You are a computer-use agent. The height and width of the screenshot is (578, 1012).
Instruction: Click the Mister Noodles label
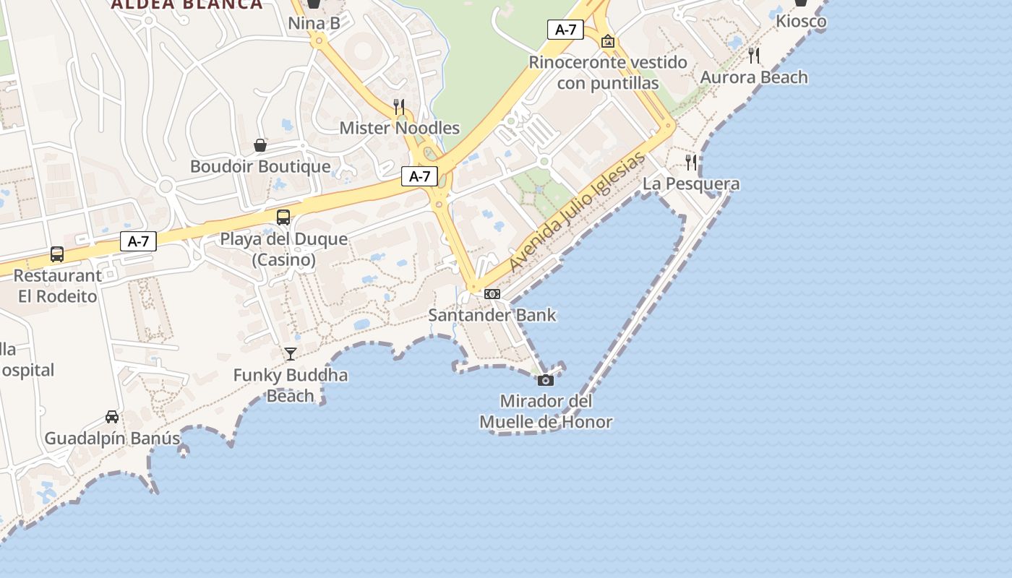point(400,128)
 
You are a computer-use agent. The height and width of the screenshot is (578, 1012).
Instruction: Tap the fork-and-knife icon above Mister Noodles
point(399,107)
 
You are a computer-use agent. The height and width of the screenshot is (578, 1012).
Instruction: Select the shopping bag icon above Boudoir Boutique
point(260,145)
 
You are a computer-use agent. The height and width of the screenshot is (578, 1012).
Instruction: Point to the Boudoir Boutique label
point(260,166)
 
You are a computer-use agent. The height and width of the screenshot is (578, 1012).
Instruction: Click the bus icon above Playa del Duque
point(283,217)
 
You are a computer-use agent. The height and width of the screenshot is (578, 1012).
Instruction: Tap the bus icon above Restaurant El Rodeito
point(57,254)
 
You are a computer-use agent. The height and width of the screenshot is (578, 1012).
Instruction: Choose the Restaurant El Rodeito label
point(58,286)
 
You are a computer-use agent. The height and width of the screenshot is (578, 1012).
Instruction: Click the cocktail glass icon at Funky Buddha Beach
point(291,353)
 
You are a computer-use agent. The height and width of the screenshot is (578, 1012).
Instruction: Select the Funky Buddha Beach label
point(291,385)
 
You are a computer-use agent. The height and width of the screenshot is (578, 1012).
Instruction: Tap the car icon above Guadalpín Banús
point(112,417)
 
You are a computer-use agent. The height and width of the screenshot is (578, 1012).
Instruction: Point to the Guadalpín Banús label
point(112,439)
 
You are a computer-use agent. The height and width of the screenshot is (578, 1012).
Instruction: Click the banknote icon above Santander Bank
point(492,293)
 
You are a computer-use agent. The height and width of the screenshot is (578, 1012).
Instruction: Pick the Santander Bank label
point(492,315)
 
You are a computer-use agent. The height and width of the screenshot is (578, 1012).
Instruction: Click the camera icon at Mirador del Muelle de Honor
point(546,380)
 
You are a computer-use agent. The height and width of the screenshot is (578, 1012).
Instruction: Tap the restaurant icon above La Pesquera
point(691,162)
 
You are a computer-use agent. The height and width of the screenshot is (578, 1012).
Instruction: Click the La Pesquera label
point(691,184)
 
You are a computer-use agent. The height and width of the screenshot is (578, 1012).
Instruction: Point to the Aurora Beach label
point(754,77)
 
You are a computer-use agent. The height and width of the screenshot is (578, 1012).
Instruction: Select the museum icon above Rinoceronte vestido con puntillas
point(608,41)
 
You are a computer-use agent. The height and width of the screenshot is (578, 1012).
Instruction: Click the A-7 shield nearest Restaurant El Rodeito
point(138,241)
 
